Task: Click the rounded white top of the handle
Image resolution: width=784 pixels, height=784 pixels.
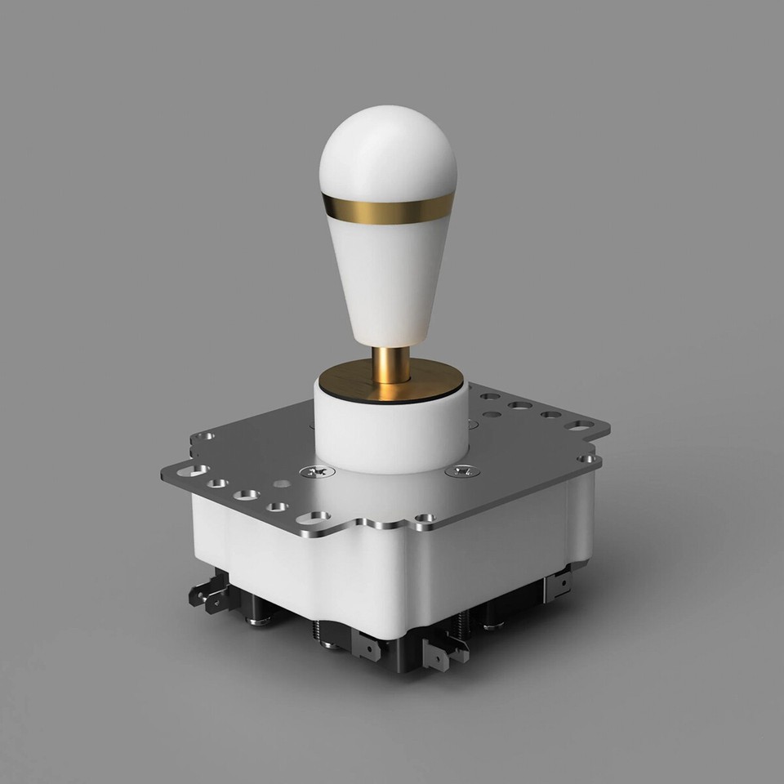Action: (x=386, y=151)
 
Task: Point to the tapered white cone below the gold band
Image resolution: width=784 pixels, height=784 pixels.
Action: (x=386, y=278)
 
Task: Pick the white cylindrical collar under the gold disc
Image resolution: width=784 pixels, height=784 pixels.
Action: (x=390, y=433)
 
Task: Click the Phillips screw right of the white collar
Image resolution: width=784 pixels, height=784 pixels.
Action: (x=462, y=472)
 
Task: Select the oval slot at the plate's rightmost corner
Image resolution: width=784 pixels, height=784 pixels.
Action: (x=581, y=425)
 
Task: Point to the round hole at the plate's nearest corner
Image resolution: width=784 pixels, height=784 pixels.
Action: (x=425, y=518)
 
